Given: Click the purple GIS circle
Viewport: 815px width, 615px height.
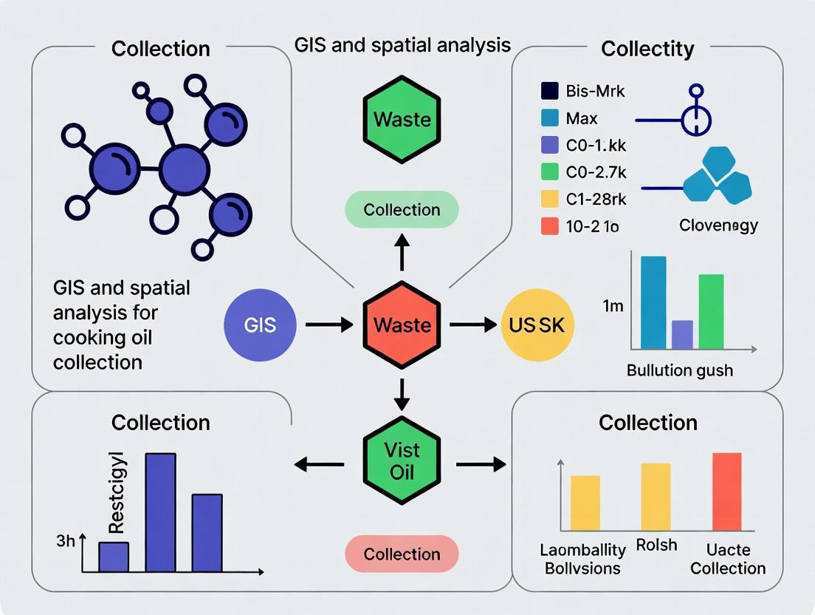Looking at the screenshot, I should [x=260, y=325].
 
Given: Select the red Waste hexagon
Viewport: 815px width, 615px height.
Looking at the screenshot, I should [x=402, y=325].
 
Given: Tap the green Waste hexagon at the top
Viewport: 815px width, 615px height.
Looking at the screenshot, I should [x=402, y=118].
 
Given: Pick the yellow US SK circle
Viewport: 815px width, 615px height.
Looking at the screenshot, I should [x=537, y=325].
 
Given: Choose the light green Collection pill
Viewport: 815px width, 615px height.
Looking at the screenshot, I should [x=402, y=210].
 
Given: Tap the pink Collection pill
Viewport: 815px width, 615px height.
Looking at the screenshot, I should [x=402, y=554].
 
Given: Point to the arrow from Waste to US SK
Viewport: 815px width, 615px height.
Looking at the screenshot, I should [x=472, y=325].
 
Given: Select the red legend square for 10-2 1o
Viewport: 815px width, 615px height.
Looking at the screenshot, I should [x=550, y=226].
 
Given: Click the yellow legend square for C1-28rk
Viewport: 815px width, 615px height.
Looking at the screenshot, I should [x=550, y=200].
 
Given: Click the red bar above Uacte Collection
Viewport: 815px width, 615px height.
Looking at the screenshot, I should [x=726, y=492].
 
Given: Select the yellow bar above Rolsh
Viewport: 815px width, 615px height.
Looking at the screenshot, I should [x=656, y=497].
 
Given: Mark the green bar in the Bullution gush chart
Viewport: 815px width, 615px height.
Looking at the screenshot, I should [x=711, y=311].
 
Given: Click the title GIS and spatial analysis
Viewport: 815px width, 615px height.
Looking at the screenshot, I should [x=402, y=44].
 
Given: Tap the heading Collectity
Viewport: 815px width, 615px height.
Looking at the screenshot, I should [x=647, y=49].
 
